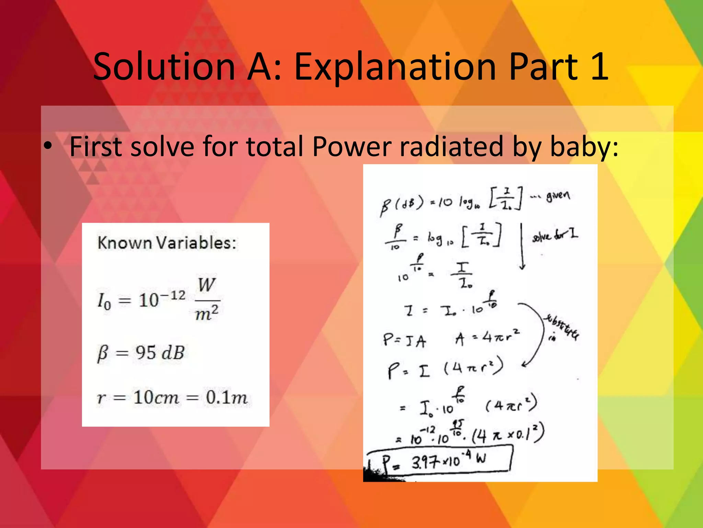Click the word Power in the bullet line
coord(351,147)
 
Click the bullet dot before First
coord(48,146)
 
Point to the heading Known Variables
coord(167,243)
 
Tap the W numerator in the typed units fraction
coord(206,285)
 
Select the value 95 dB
coord(160,353)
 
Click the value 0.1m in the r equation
coord(227,398)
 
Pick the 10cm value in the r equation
coord(156,398)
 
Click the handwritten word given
coord(558,196)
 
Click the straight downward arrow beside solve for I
coord(522,247)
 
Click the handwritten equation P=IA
coord(404,341)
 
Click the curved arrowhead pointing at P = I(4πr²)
coord(525,365)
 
